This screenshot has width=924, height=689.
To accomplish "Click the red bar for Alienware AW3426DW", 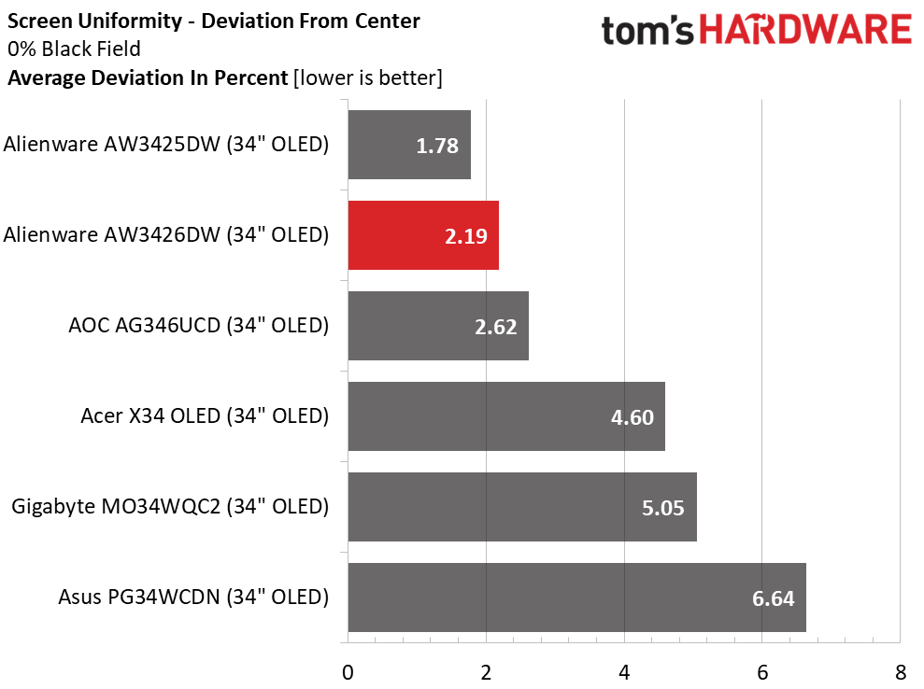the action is (423, 235).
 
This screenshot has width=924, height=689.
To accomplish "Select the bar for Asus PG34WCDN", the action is (576, 598).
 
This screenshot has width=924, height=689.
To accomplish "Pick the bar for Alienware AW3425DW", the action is (409, 145).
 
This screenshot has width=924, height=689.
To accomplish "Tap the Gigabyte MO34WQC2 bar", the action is (522, 506).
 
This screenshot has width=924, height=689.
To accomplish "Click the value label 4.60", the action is (633, 417).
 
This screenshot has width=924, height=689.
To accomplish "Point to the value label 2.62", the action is (495, 327).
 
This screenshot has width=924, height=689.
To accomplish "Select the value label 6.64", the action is (774, 598).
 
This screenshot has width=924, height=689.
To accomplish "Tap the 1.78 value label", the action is (437, 146).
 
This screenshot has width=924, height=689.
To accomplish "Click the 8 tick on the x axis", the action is (901, 672).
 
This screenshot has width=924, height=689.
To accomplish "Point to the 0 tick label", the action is (348, 672).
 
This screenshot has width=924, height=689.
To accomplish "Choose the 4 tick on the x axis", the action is (624, 672).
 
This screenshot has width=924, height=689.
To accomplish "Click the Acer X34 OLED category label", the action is (205, 416).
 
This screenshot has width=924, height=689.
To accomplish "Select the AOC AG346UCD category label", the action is (199, 326).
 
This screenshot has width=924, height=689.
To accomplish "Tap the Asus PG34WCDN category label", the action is (193, 598).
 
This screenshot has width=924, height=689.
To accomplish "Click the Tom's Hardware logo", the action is (757, 30).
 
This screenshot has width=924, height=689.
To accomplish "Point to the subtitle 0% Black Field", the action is (74, 49).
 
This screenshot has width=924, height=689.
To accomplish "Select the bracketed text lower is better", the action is (368, 78).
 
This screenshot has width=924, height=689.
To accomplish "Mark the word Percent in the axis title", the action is (249, 78).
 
